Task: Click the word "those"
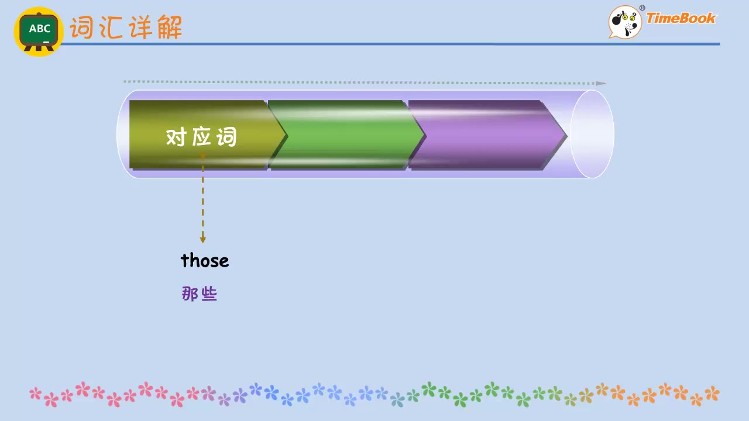205,260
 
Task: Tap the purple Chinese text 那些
200,294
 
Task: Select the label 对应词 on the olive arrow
201,136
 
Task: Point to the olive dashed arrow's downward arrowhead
202,240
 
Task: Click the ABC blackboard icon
39,32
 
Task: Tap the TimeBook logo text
681,18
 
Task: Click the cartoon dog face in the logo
624,22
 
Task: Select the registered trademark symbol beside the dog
642,8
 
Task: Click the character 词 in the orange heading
81,27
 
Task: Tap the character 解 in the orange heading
170,27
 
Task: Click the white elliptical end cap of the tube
592,134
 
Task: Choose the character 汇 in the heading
111,27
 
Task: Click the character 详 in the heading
140,27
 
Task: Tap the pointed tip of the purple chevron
567,135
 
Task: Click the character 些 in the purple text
209,294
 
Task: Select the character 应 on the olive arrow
201,136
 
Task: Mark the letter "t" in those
184,260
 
